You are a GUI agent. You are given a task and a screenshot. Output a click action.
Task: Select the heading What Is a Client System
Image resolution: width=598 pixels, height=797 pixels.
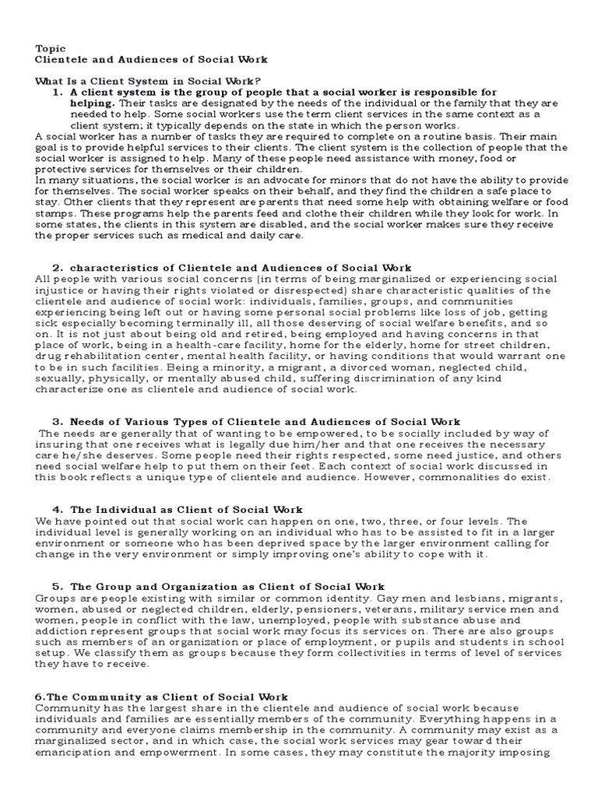point(148,81)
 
